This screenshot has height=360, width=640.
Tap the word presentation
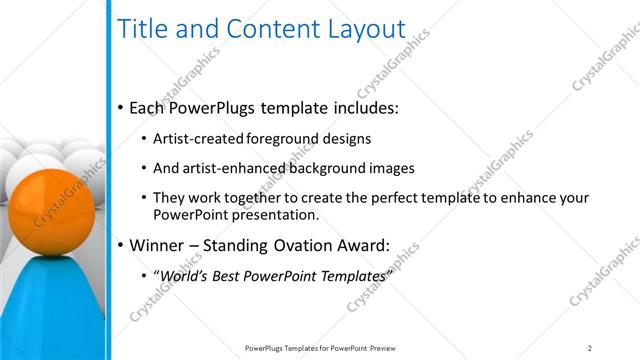click(284, 214)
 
